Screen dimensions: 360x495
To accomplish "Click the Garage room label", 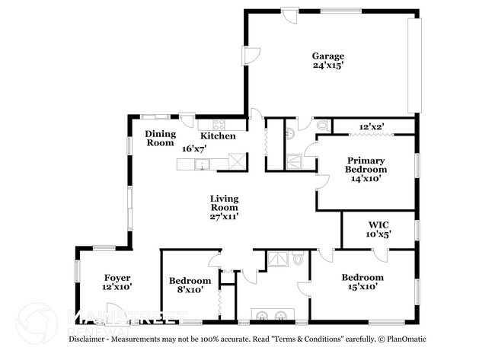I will click(328, 56).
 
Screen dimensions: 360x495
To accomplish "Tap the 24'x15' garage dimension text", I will click(328, 65).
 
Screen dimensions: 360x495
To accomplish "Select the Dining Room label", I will click(161, 138).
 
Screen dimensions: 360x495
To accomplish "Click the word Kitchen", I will click(217, 136).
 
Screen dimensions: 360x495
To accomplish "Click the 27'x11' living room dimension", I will click(225, 217).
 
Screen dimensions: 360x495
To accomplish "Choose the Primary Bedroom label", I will click(366, 165).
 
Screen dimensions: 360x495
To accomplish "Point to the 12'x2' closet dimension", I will click(372, 126).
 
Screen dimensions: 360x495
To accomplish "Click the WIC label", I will click(378, 225).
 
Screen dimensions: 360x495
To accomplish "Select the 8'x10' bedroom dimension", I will click(189, 290).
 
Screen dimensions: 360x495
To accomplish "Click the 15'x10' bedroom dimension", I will click(362, 287).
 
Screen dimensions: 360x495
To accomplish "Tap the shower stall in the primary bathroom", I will click(292, 161).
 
